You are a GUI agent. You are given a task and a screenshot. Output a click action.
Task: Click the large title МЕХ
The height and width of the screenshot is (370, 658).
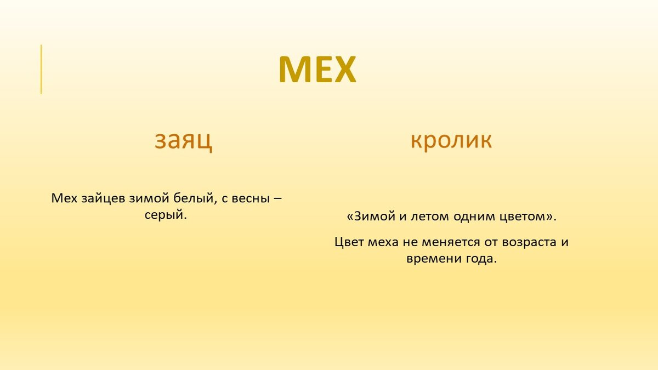click(x=317, y=69)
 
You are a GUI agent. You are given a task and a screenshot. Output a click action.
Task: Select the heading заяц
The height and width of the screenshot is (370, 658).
click(x=183, y=141)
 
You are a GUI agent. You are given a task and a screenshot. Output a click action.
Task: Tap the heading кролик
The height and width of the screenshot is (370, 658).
click(x=451, y=140)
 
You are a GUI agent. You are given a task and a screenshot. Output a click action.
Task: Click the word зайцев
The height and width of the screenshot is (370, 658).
click(x=104, y=199)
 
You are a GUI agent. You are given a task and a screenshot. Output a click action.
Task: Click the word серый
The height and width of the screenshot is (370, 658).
click(x=166, y=215)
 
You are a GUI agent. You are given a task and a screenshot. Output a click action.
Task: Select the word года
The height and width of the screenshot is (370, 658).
click(x=481, y=259)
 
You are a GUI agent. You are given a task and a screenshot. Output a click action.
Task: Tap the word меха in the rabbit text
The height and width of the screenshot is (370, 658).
click(x=383, y=242)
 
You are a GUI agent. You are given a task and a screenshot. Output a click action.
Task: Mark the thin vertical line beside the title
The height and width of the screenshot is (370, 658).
click(x=41, y=69)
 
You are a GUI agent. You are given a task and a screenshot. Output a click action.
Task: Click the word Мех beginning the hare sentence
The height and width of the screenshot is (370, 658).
click(x=64, y=198)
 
